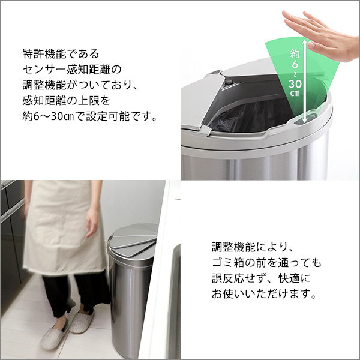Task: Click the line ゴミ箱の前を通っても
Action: pos(266,263)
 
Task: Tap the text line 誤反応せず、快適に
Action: pos(263,279)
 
